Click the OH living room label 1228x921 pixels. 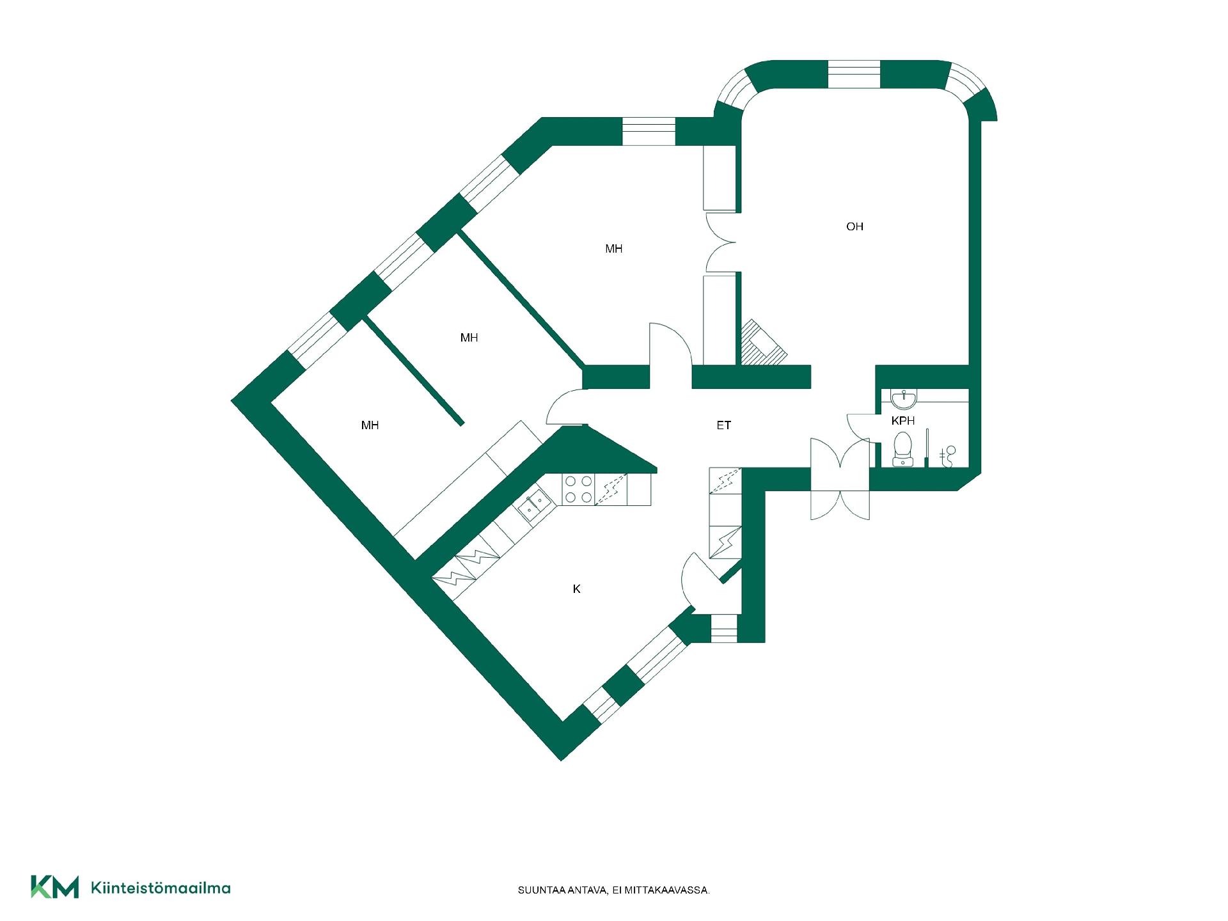pyautogui.click(x=854, y=226)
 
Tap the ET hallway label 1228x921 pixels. pyautogui.click(x=723, y=425)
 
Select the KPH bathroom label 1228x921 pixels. pyautogui.click(x=903, y=421)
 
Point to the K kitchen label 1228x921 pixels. pyautogui.click(x=576, y=589)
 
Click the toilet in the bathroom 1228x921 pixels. pyautogui.click(x=902, y=448)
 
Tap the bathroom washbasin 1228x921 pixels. pyautogui.click(x=904, y=400)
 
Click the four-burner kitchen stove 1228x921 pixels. pyautogui.click(x=578, y=489)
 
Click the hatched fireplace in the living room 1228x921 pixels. pyautogui.click(x=762, y=342)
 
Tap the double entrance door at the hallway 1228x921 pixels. pyautogui.click(x=840, y=480)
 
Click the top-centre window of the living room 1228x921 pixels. pyautogui.click(x=854, y=75)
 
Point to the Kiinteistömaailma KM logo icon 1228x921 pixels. pyautogui.click(x=55, y=887)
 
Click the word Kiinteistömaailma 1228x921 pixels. pyautogui.click(x=161, y=888)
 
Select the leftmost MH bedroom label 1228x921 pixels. pyautogui.click(x=370, y=425)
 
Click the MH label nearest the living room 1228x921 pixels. pyautogui.click(x=614, y=249)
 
